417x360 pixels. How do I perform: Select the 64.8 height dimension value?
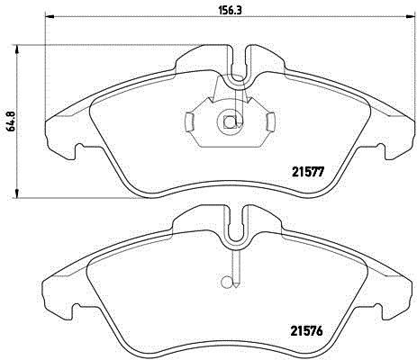pos(12,120)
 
